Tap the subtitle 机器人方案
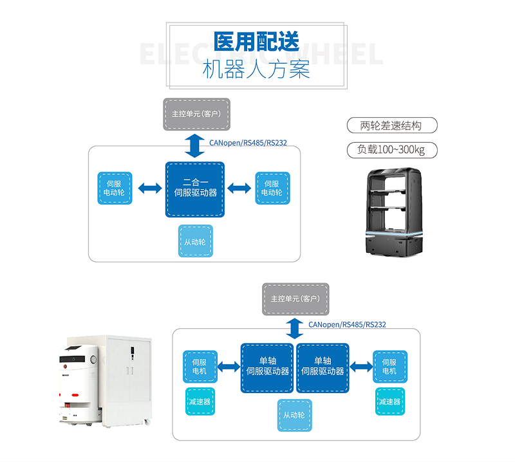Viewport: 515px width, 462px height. (x=256, y=69)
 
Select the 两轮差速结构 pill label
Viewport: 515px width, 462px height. (x=392, y=125)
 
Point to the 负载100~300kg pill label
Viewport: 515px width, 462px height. (x=392, y=150)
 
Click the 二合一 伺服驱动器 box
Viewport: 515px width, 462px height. (x=195, y=188)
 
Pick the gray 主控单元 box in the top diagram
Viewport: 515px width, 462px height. (x=196, y=114)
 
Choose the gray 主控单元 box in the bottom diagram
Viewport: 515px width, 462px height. (x=295, y=299)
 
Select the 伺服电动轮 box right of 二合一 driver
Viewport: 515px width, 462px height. (x=272, y=188)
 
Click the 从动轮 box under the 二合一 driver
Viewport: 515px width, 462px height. (x=195, y=242)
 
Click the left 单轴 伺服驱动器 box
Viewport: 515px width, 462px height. (x=268, y=367)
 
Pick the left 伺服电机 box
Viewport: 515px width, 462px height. (x=200, y=367)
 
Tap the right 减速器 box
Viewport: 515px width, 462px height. (x=389, y=402)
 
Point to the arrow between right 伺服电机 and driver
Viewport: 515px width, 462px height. (x=361, y=367)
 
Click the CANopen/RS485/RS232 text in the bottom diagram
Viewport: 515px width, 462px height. (x=347, y=325)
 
